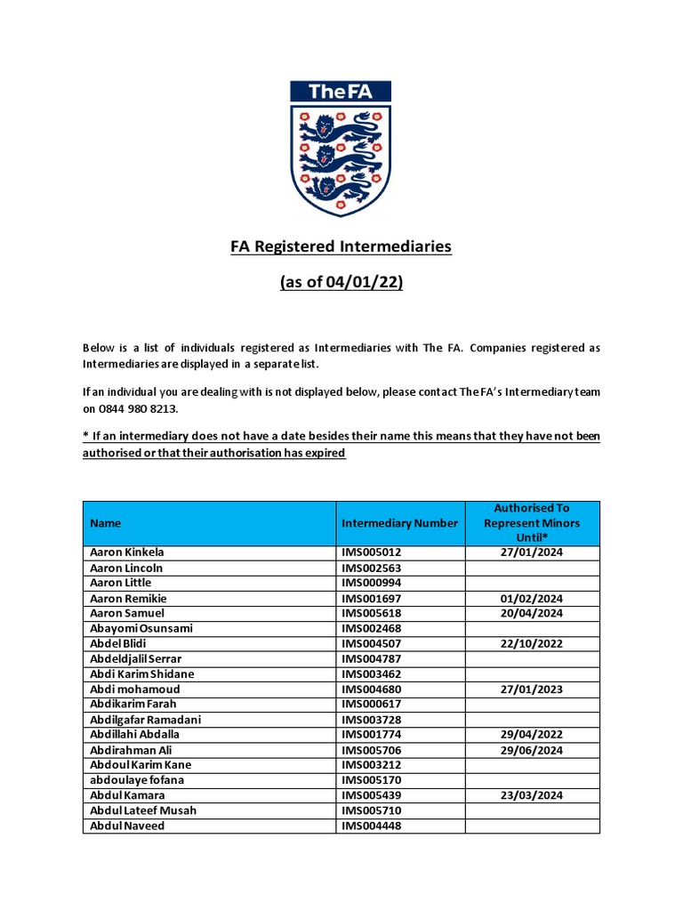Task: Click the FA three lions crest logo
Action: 341,149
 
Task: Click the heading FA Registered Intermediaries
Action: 341,246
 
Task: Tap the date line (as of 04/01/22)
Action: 341,283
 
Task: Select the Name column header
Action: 106,523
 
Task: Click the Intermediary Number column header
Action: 399,523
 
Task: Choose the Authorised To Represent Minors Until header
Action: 532,523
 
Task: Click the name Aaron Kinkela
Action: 127,552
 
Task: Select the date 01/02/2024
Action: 532,599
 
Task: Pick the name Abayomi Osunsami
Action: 141,629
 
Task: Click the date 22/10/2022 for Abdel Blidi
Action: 532,644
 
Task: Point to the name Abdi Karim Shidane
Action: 142,674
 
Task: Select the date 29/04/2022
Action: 532,735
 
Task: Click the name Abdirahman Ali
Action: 132,750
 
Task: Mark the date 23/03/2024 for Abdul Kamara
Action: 532,795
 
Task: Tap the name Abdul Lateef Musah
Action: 143,810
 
